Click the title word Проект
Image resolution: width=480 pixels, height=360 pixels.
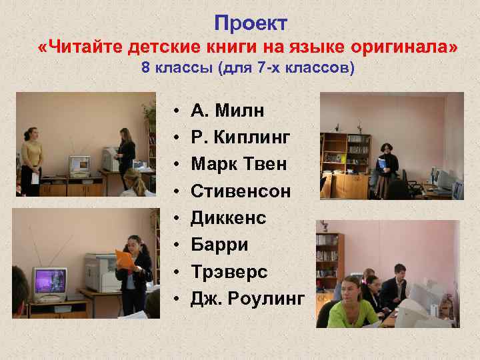point(251,23)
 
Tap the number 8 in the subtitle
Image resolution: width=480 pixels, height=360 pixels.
point(145,69)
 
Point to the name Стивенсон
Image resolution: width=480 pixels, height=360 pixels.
point(241,191)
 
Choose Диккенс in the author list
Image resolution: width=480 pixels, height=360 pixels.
point(229,218)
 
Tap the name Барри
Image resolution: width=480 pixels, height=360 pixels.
point(219,245)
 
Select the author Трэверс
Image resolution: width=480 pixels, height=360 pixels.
point(229,272)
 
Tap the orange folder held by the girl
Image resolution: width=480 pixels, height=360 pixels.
point(124,258)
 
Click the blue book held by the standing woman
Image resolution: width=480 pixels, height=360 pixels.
point(381,163)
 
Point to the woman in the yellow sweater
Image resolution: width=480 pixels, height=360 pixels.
point(31,157)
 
